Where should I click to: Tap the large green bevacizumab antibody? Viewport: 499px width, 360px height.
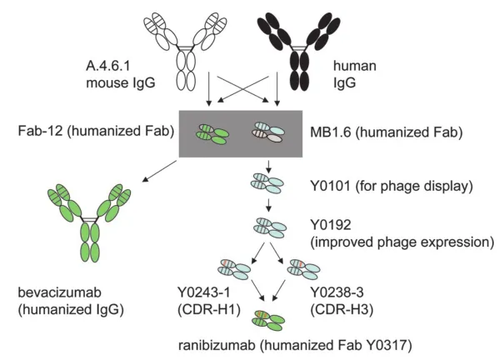(x=89, y=222)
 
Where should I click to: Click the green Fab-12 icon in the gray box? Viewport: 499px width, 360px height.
(x=212, y=134)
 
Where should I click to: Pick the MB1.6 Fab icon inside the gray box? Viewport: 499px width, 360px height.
(x=268, y=132)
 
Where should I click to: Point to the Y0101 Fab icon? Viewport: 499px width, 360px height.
(x=267, y=183)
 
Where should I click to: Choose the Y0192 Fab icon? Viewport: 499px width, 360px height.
(x=270, y=227)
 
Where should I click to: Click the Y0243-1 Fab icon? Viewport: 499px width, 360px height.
(x=235, y=269)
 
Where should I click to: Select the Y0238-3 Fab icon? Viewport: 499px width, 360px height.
(x=303, y=269)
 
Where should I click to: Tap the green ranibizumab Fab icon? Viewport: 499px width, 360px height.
(x=268, y=320)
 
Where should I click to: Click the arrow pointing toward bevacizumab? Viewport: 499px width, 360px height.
(x=159, y=171)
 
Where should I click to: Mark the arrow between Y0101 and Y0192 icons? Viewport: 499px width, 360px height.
(x=268, y=205)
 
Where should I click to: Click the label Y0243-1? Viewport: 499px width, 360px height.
(x=203, y=292)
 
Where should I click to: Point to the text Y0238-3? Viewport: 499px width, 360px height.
(x=337, y=292)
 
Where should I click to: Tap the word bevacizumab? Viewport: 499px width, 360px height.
(x=59, y=292)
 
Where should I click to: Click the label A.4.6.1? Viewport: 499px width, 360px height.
(x=108, y=66)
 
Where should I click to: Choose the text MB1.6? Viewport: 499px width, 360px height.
(x=330, y=132)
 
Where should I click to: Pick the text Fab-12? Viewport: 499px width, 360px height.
(x=41, y=131)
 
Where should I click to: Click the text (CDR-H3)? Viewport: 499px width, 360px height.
(x=342, y=310)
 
